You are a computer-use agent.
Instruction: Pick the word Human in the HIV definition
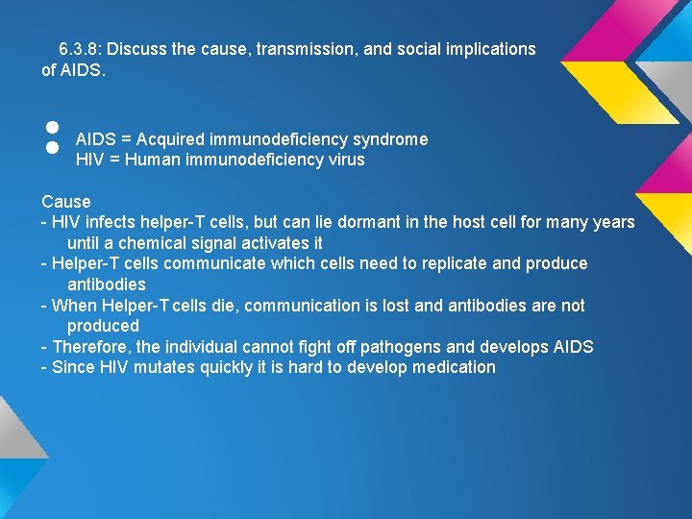[152, 161]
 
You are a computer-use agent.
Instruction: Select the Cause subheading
[66, 202]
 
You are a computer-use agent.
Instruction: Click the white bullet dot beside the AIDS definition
[53, 126]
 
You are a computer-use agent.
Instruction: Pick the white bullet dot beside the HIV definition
[53, 149]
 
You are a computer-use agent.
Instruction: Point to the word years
[614, 223]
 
